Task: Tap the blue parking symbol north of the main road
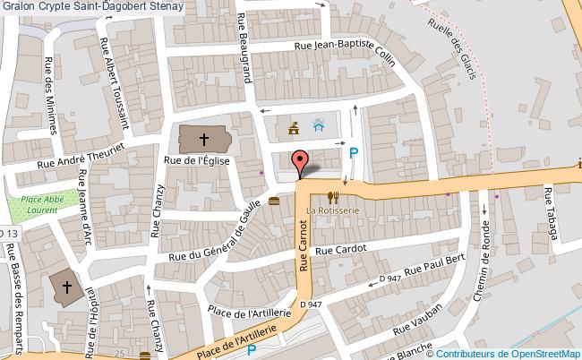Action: [355, 153]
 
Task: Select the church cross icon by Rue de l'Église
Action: [203, 139]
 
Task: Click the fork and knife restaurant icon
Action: [332, 197]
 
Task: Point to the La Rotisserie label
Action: [332, 210]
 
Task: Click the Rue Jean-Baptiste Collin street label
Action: [345, 51]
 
